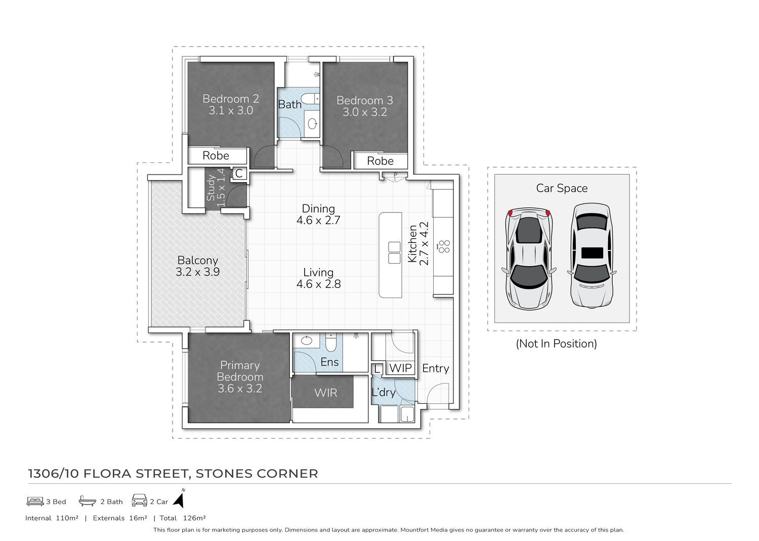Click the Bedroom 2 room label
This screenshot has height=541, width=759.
tap(231, 99)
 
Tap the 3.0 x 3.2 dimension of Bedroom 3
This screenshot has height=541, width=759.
tap(365, 112)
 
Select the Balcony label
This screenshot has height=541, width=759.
tap(197, 260)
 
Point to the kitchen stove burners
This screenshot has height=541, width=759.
tap(444, 246)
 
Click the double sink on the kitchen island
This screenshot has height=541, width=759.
tap(394, 253)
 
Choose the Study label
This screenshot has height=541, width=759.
tap(211, 188)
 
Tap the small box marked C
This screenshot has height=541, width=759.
tap(239, 173)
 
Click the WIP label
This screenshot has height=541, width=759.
tap(400, 368)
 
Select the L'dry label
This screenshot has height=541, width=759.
tap(383, 392)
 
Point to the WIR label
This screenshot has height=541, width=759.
tap(326, 393)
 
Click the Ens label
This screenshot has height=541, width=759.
tap(329, 362)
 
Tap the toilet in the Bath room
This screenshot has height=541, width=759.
tap(310, 99)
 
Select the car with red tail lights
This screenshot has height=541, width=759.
tap(529, 259)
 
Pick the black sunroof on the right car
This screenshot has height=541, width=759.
tap(592, 253)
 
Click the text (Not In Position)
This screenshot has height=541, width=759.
tap(556, 344)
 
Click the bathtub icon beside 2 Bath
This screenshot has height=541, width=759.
tap(87, 501)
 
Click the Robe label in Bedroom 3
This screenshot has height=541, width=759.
tap(380, 160)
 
